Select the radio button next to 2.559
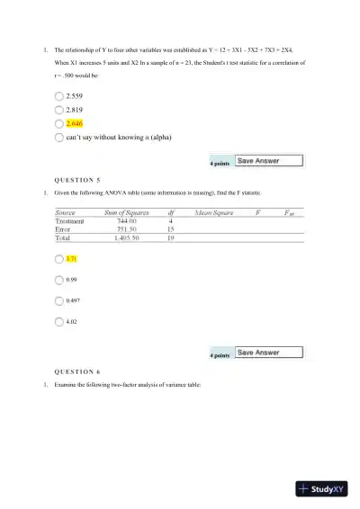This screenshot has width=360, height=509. pyautogui.click(x=59, y=95)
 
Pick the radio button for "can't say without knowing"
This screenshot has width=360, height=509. pyautogui.click(x=59, y=137)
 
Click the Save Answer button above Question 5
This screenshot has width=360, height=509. pyautogui.click(x=268, y=162)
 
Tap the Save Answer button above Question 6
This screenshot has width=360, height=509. pyautogui.click(x=268, y=353)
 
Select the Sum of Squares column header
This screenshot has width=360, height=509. pyautogui.click(x=128, y=213)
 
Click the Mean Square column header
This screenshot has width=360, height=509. pyautogui.click(x=214, y=213)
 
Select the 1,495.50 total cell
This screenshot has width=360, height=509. pyautogui.click(x=127, y=238)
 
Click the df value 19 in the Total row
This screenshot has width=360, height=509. pyautogui.click(x=170, y=238)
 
